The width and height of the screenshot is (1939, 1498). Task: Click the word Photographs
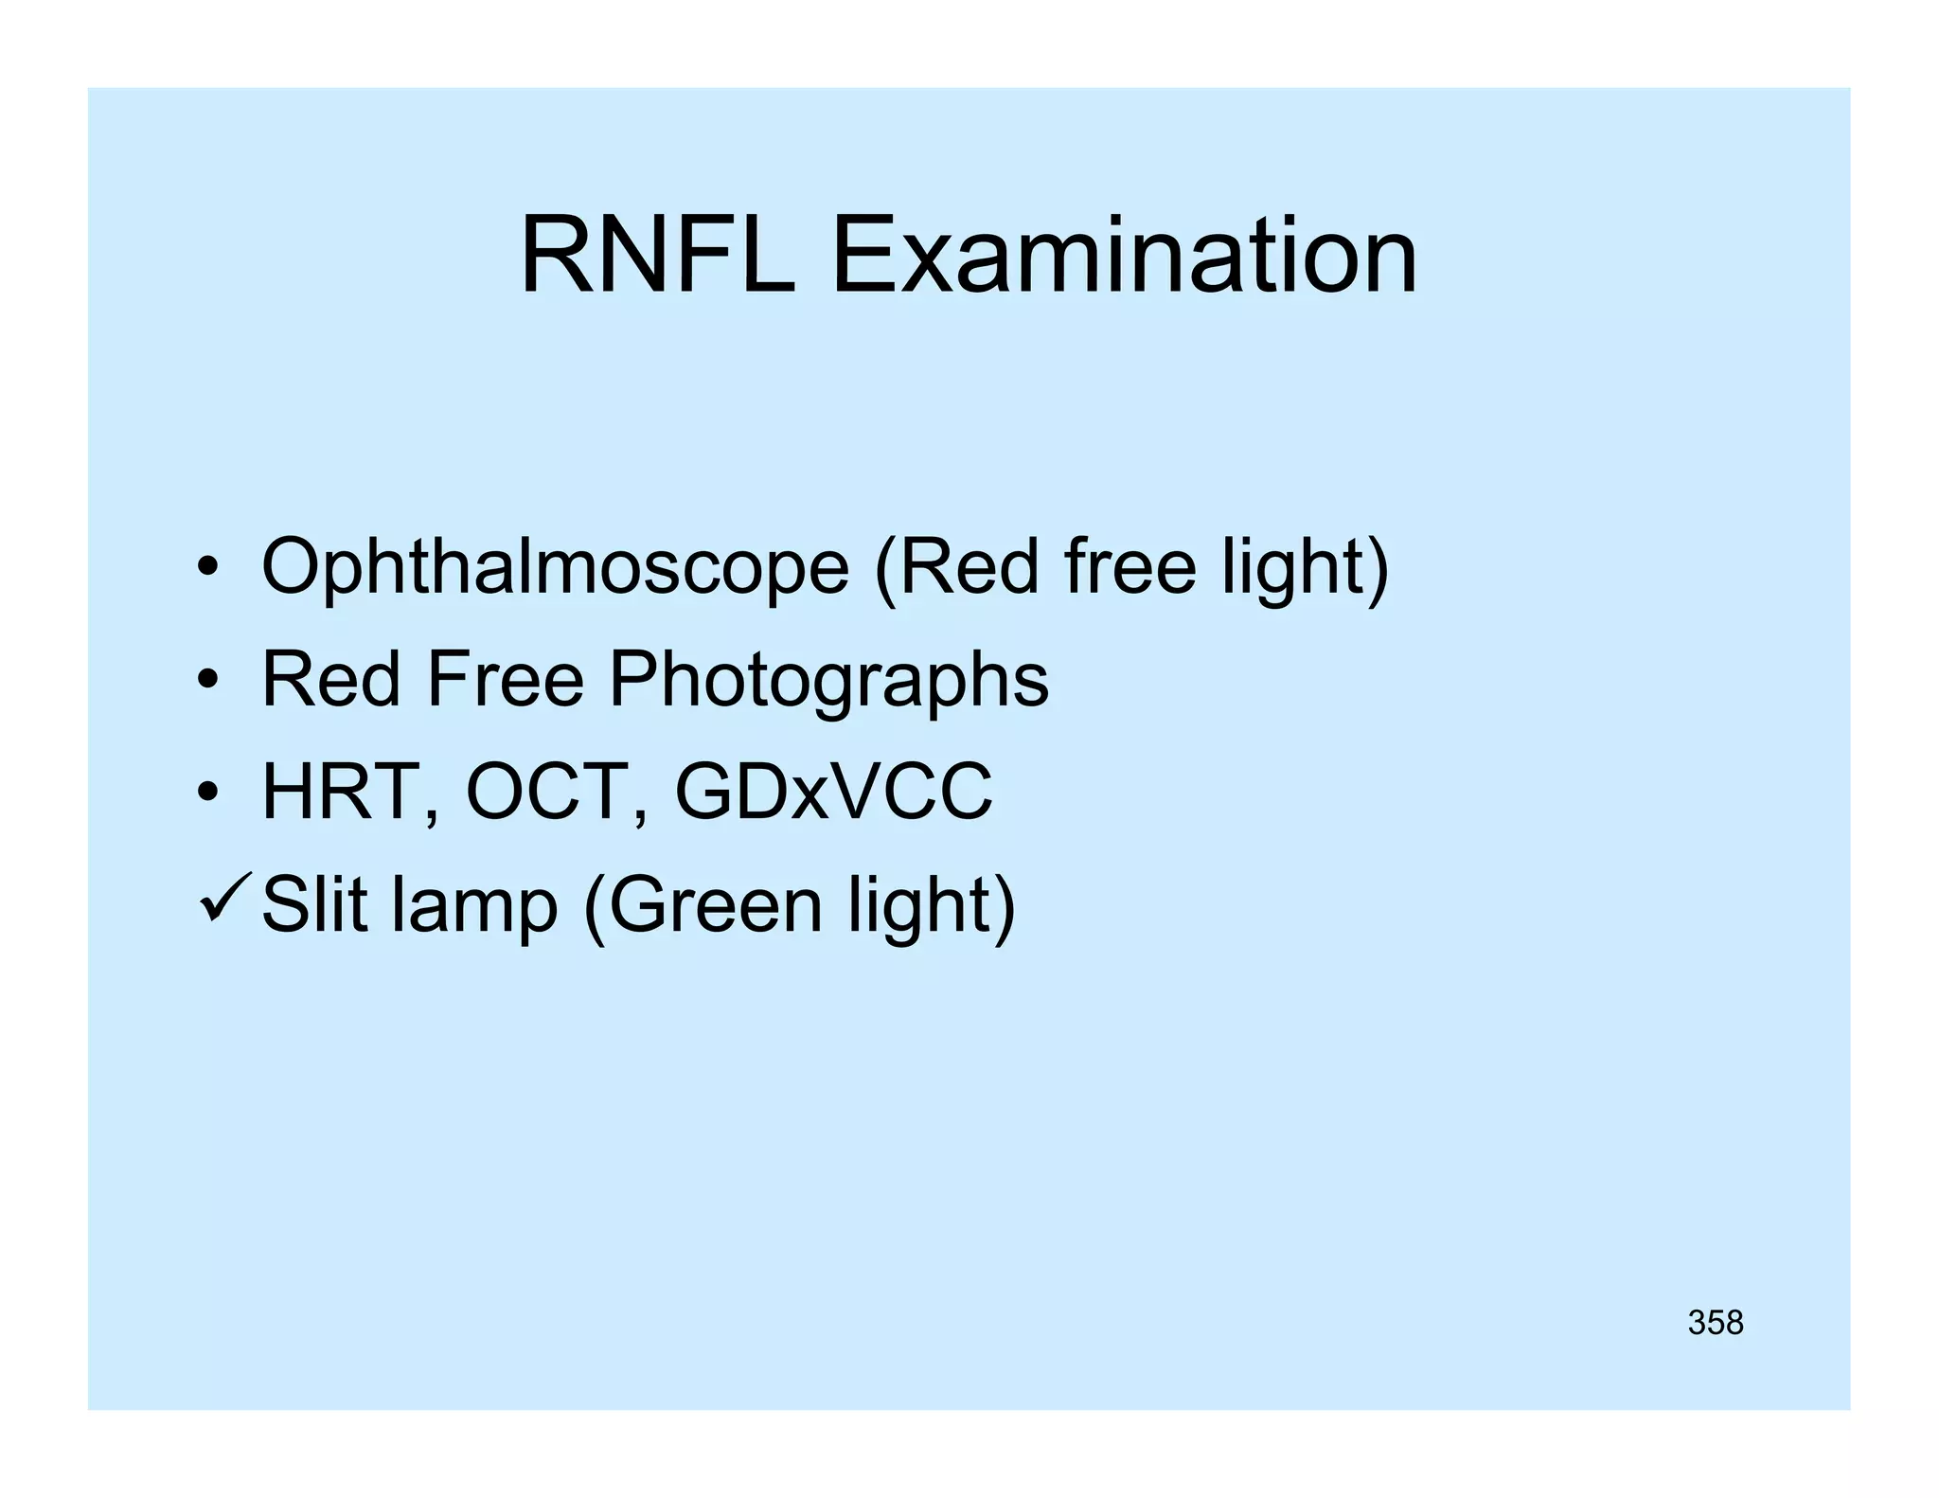coord(828,680)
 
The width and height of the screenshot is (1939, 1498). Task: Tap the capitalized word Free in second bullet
coord(506,678)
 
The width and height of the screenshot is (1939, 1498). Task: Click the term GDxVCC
coord(833,792)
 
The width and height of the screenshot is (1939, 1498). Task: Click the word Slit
coord(313,903)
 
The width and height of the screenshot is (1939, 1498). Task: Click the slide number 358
coord(1715,1323)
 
